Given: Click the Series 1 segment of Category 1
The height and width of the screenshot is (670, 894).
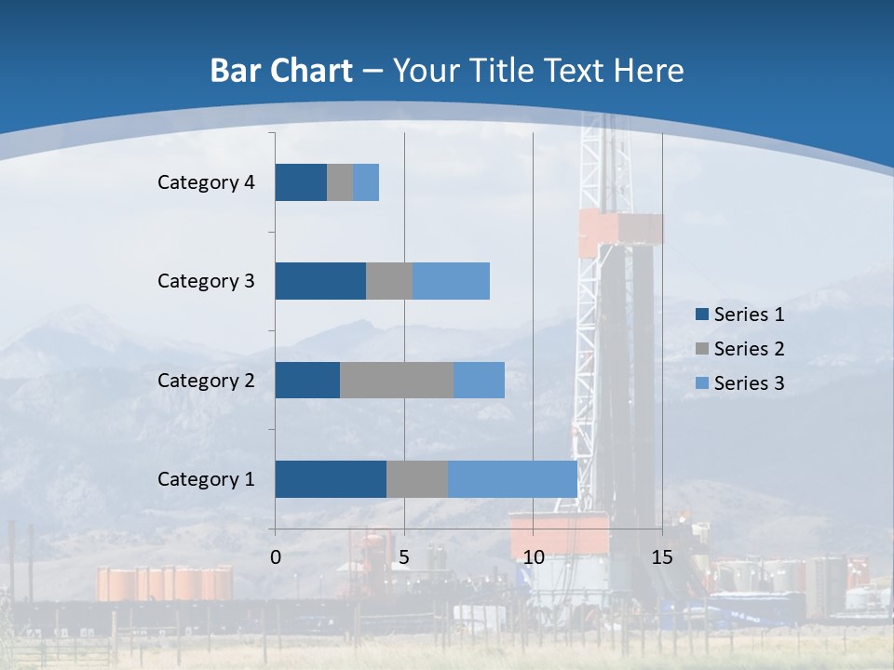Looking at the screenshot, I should tap(331, 479).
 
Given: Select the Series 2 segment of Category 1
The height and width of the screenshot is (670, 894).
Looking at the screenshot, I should tap(417, 479).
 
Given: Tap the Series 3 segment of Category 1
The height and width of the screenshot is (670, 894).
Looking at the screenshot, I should tap(512, 479).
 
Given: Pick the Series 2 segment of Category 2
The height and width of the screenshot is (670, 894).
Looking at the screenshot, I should tap(397, 380).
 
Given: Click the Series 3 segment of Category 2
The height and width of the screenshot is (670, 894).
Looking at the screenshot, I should tap(479, 380).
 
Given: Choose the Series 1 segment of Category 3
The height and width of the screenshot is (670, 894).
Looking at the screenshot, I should tap(320, 281).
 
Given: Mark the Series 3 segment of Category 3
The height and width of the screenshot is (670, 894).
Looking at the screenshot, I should tap(451, 281).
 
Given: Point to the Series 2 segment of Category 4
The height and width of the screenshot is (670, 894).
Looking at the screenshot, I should tap(340, 182).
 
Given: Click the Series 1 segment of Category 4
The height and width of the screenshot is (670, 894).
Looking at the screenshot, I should tap(301, 182).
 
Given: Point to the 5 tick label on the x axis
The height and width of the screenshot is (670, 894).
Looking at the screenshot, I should tap(404, 557).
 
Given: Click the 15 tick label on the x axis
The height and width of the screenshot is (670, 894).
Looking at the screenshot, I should tap(661, 557).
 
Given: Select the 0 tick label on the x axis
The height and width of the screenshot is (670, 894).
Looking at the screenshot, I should tap(276, 557).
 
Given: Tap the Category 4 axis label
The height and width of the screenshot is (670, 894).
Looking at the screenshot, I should tap(206, 182).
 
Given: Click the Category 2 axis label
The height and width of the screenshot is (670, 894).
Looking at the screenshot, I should tap(206, 380).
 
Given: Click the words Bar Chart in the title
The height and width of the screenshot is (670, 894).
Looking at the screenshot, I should tap(281, 71).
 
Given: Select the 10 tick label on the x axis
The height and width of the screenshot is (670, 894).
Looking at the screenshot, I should tap(533, 557).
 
